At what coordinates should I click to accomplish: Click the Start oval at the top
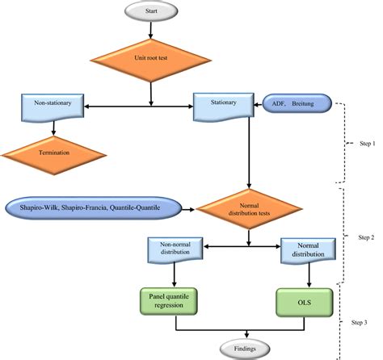[x=151, y=11]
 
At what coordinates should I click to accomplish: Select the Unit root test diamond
[x=151, y=58]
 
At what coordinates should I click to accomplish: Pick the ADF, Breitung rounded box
[x=296, y=103]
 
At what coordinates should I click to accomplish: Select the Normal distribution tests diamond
[x=248, y=210]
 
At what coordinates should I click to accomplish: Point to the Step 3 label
[x=360, y=323]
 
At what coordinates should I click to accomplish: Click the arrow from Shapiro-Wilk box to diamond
[x=186, y=210]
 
